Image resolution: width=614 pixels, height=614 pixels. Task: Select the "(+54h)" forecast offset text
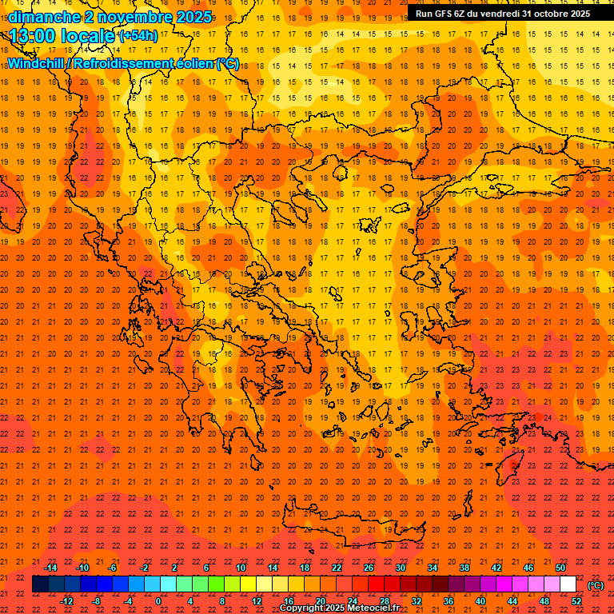138,36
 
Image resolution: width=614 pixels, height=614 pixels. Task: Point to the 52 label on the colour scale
576,601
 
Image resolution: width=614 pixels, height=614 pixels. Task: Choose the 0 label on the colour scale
158,601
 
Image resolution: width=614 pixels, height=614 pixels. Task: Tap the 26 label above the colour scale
369,568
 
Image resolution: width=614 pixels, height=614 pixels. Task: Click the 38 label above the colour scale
464,568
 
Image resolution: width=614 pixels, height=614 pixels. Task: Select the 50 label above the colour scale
560,568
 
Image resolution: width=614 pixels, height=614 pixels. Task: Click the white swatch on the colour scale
568,584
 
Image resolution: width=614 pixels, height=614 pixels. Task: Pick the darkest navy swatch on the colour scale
41,584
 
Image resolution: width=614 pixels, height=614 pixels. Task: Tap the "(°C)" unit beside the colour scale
596,585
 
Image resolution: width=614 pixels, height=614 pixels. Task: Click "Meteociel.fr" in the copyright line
373,608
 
